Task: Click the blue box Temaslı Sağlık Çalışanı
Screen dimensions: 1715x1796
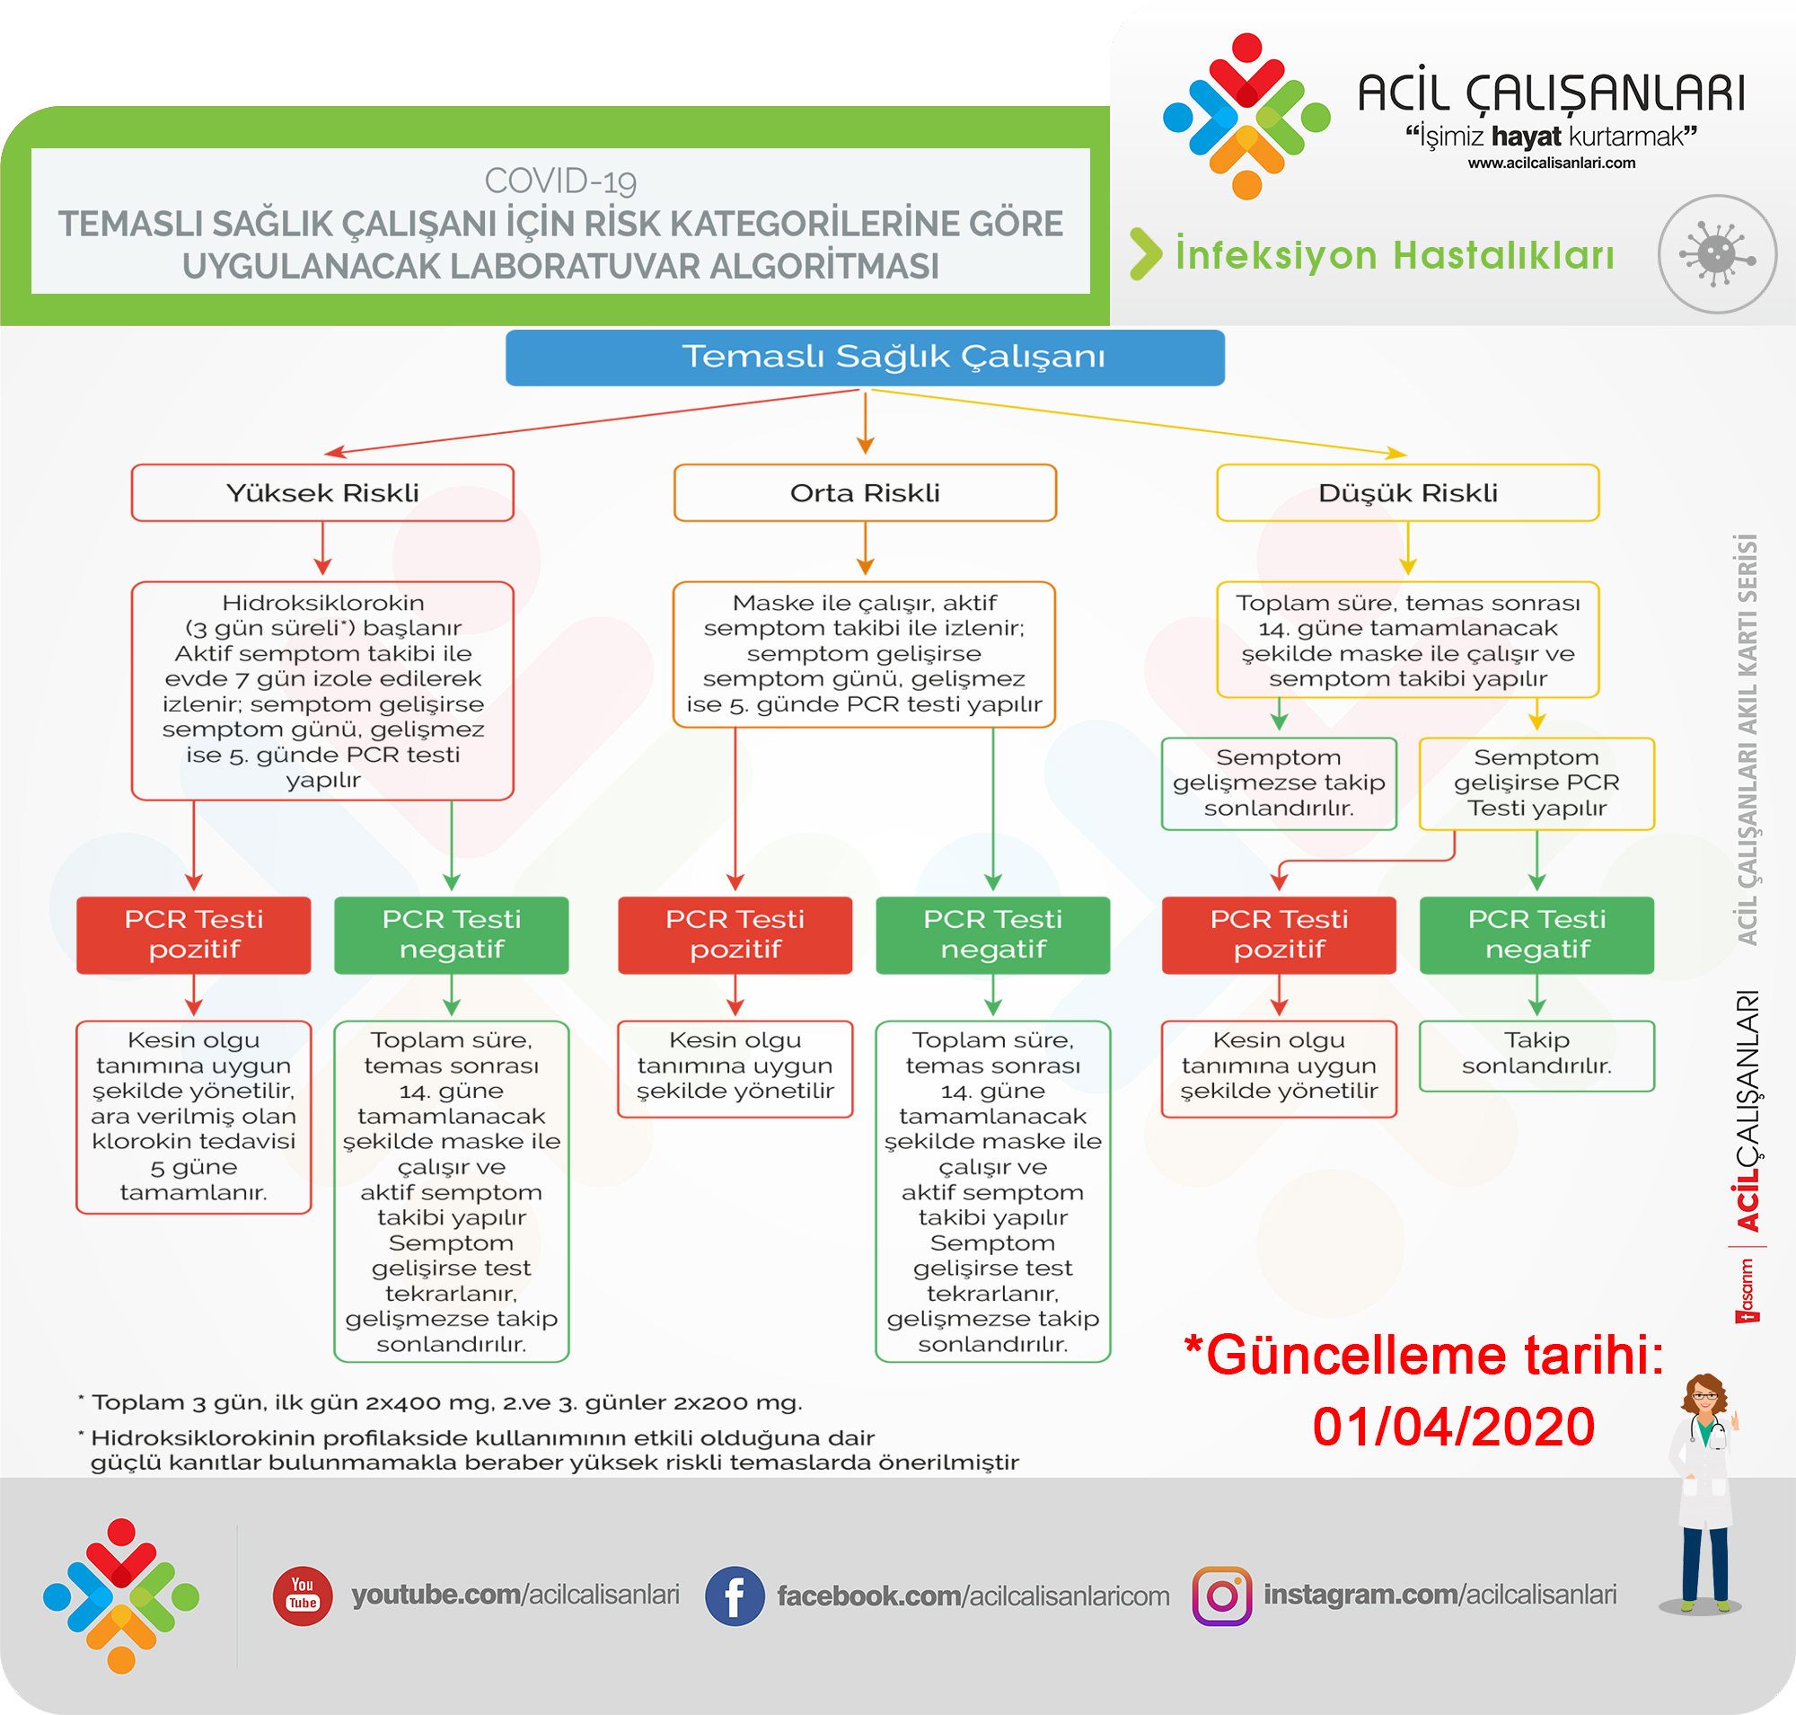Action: pos(865,358)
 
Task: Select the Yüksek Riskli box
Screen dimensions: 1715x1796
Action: pos(322,492)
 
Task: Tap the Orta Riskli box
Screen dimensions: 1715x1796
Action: pos(865,492)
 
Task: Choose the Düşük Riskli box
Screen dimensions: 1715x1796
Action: pos(1407,492)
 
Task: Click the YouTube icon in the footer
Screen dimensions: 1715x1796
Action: pos(303,1596)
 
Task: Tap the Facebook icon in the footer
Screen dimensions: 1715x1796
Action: pos(734,1596)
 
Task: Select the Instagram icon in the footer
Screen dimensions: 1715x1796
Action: pos(1222,1596)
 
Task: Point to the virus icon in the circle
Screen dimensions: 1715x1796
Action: pos(1717,254)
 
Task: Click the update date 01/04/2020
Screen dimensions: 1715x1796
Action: pos(1453,1427)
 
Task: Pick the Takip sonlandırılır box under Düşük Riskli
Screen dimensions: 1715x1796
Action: pos(1536,1055)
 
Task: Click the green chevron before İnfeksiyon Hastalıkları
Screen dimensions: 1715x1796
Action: pos(1145,254)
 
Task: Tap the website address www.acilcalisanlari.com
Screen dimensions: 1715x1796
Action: pos(1551,164)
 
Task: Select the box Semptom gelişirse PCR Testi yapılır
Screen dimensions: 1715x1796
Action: pos(1536,783)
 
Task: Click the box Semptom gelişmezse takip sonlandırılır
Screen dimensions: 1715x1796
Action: pos(1279,783)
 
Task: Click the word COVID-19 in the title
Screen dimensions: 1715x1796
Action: pos(560,181)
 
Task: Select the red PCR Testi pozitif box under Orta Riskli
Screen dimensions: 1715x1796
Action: pos(735,934)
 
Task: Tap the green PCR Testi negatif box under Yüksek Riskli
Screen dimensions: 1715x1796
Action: pos(452,934)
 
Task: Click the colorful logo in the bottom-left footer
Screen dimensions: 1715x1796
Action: pos(121,1596)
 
